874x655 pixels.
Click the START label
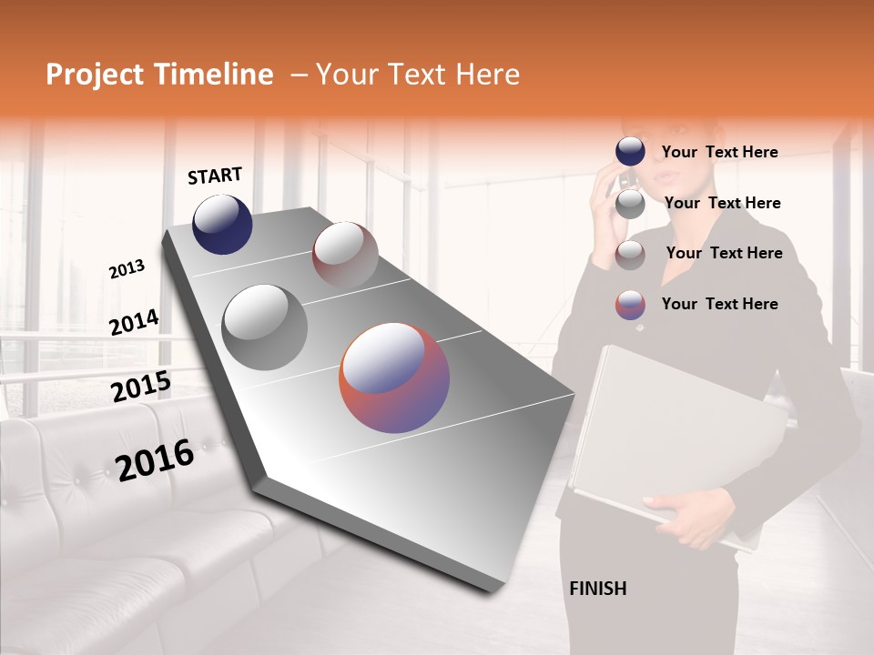(x=215, y=176)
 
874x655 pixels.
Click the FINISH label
(x=597, y=589)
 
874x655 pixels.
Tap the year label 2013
(x=127, y=269)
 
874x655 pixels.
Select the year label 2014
(x=134, y=323)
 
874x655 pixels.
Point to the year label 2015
(x=140, y=388)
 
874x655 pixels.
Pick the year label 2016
(x=155, y=459)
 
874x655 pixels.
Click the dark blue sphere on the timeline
(x=222, y=225)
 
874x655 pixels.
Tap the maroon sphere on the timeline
(x=345, y=254)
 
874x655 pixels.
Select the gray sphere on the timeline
(x=264, y=327)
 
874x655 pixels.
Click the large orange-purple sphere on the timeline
(x=394, y=377)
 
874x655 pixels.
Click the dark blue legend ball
(x=630, y=152)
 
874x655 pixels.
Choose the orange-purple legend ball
(x=630, y=305)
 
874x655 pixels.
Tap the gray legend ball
(x=630, y=205)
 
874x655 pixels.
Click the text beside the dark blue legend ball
(x=719, y=152)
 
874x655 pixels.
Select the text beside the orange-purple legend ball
(x=719, y=304)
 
